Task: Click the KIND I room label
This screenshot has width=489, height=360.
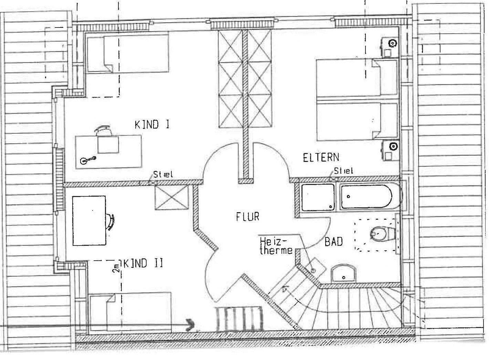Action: click(152, 124)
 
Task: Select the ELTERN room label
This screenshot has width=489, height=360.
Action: click(321, 157)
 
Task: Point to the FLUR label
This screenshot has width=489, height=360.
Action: click(247, 217)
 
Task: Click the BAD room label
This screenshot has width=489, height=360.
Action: click(333, 242)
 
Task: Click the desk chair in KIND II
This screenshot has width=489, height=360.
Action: click(111, 221)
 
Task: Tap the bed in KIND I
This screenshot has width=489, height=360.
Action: click(128, 53)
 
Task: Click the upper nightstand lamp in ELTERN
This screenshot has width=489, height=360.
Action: click(392, 43)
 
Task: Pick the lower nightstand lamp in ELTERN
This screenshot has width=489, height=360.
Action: click(392, 146)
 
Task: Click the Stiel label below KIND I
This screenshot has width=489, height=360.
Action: click(163, 174)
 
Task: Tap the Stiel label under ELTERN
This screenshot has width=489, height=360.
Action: click(343, 170)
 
